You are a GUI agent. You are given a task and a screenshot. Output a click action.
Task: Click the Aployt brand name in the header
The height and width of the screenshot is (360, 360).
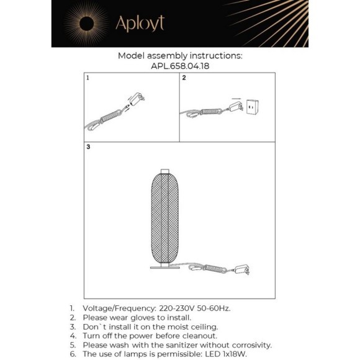click(140, 24)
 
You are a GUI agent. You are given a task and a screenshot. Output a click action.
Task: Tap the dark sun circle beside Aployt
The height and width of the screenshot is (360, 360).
click(86, 24)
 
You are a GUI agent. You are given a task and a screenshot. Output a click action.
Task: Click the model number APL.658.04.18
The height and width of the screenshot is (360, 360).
click(180, 66)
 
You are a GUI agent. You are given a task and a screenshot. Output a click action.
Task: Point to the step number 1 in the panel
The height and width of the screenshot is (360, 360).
click(88, 78)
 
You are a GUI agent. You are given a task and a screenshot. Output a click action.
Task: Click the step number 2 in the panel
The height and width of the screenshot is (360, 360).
click(184, 78)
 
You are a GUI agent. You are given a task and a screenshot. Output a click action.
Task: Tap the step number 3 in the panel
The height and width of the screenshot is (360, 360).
click(88, 147)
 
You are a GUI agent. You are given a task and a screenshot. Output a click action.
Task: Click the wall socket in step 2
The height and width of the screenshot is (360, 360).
click(253, 107)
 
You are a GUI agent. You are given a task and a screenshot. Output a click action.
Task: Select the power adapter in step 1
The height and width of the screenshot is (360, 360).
click(137, 99)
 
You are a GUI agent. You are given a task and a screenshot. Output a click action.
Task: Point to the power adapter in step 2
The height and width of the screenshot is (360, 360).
click(235, 107)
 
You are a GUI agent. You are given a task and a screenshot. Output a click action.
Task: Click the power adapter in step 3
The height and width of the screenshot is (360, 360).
click(242, 269)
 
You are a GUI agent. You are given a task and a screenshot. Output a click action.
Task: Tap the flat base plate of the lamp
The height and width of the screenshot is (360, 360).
click(165, 268)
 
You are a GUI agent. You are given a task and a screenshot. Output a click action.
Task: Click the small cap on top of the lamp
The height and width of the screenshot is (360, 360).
click(165, 171)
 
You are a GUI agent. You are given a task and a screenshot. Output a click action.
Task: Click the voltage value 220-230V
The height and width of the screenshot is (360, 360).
click(177, 308)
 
